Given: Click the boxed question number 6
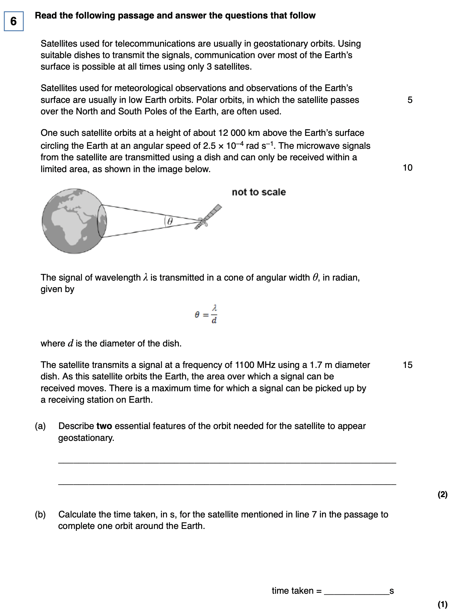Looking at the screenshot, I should click(x=14, y=21).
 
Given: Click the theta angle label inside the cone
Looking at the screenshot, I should click(x=170, y=221).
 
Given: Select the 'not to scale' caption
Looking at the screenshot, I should click(x=259, y=192).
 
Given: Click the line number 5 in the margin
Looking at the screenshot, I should click(x=410, y=100).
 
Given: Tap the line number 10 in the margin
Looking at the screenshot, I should click(x=407, y=168).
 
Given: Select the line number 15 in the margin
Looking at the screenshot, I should click(x=407, y=365).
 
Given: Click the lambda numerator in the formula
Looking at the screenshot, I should click(x=214, y=308).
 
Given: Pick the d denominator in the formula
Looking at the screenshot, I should click(x=214, y=321).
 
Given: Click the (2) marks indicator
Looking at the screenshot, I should click(x=442, y=495).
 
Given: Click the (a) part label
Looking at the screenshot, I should click(x=40, y=426).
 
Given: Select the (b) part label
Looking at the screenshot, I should click(x=40, y=515).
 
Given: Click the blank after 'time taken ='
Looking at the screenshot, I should click(x=356, y=591).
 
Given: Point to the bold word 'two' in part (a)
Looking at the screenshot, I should click(x=104, y=426).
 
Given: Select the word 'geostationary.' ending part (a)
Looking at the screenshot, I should click(x=86, y=438).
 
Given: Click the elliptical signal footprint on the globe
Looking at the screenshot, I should click(x=102, y=221).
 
